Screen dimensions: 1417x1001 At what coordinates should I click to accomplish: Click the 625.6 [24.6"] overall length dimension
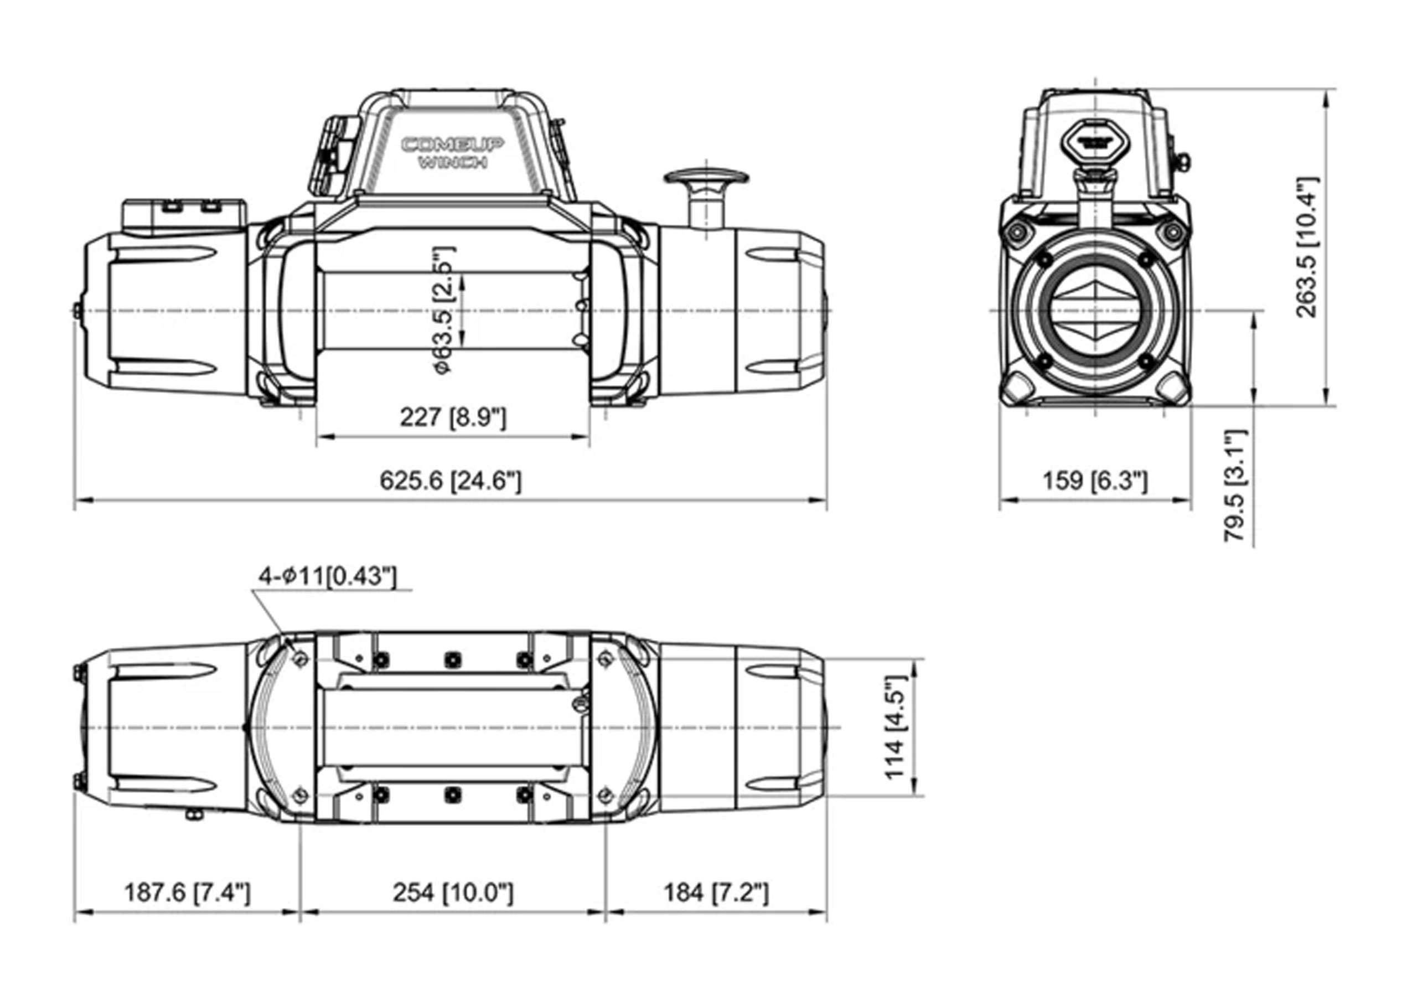click(451, 481)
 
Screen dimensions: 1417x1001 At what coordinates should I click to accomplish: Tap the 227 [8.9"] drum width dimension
click(453, 418)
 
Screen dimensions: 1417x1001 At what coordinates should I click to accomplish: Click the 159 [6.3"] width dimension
click(1095, 481)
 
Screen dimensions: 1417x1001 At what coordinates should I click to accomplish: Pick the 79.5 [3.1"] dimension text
click(1235, 486)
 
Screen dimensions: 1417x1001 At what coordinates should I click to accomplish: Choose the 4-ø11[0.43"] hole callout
click(327, 576)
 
